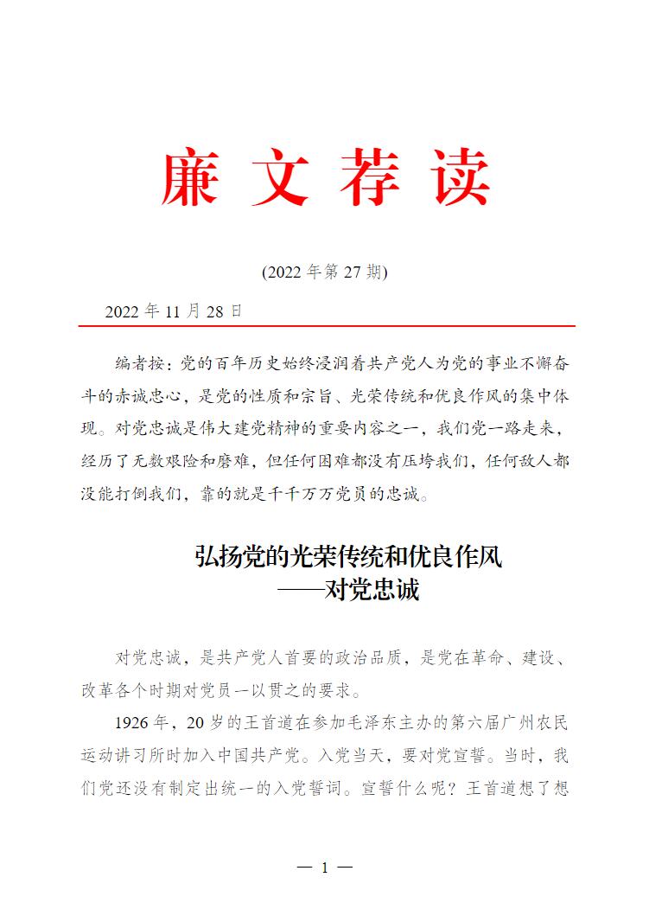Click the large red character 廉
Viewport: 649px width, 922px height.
(x=189, y=177)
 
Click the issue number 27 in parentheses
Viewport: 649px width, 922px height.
(x=353, y=272)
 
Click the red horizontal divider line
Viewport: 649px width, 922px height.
(x=327, y=327)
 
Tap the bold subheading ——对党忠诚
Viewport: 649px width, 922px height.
(x=348, y=591)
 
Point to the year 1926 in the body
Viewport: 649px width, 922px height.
(x=132, y=722)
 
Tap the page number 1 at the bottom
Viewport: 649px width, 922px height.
(x=325, y=868)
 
